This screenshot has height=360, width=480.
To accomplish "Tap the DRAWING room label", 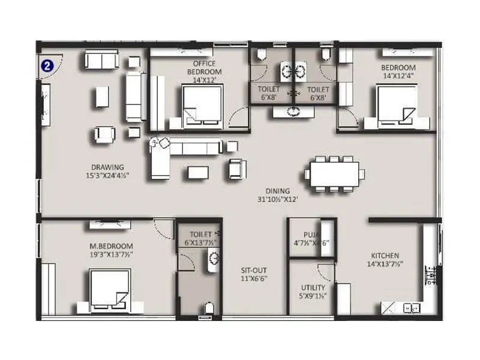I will coord(107,167).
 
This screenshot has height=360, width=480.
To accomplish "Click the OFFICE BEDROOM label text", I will coord(204,68).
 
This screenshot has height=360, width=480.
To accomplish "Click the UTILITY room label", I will coord(312,287).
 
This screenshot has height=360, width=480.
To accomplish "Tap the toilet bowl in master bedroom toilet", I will coord(208,308).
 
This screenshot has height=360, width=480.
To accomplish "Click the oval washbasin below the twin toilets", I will coord(293,111).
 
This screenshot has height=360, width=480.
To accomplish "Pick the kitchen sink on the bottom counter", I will coord(412,307).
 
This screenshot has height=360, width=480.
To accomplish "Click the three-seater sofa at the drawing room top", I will coord(101,59).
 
